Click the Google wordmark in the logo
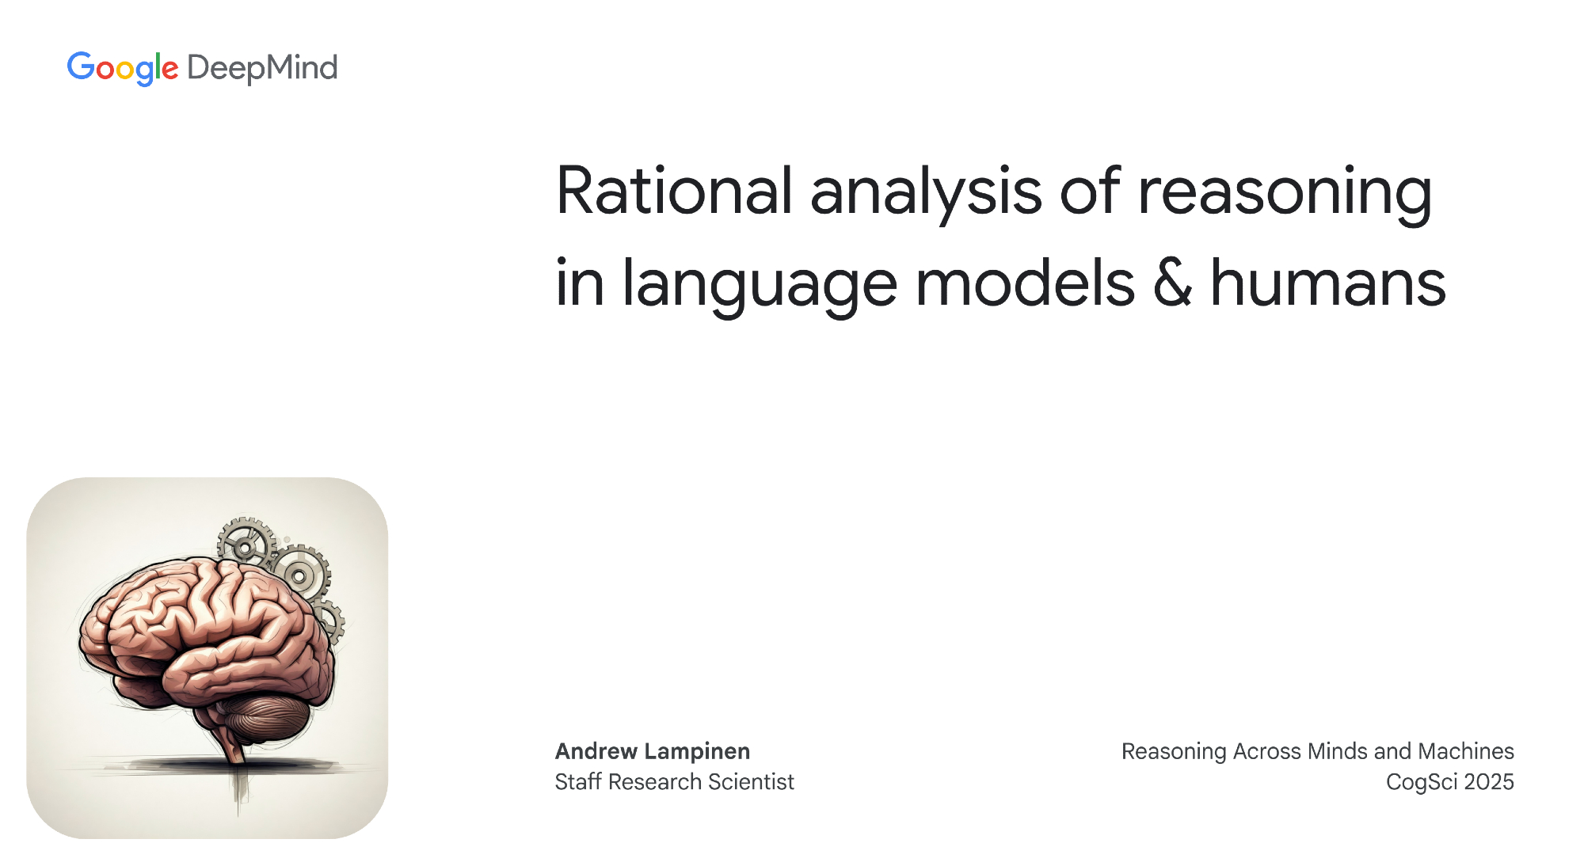123,69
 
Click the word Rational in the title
675,191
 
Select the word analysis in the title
926,195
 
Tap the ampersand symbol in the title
1173,283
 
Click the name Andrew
596,751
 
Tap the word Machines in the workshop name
1466,751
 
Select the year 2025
1489,782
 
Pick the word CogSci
1422,783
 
